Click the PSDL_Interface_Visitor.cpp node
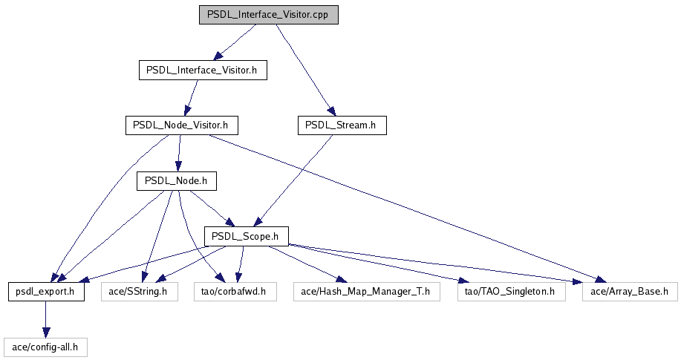click(x=268, y=15)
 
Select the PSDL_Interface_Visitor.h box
click(x=202, y=71)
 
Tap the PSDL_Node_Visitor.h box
click(x=181, y=125)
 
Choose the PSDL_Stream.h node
click(x=342, y=125)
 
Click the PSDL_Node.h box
click(x=175, y=180)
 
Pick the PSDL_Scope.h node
click(x=246, y=236)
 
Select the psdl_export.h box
click(x=46, y=292)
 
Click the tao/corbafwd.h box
click(x=235, y=292)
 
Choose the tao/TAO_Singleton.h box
click(x=511, y=292)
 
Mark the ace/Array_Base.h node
click(x=629, y=292)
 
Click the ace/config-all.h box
click(x=45, y=347)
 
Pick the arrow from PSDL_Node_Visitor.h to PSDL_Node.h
click(x=178, y=153)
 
